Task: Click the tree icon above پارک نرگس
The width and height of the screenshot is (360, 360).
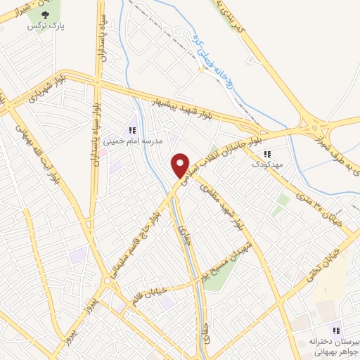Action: [x=46, y=12]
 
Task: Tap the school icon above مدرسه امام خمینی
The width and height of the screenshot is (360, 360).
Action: [x=130, y=129]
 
